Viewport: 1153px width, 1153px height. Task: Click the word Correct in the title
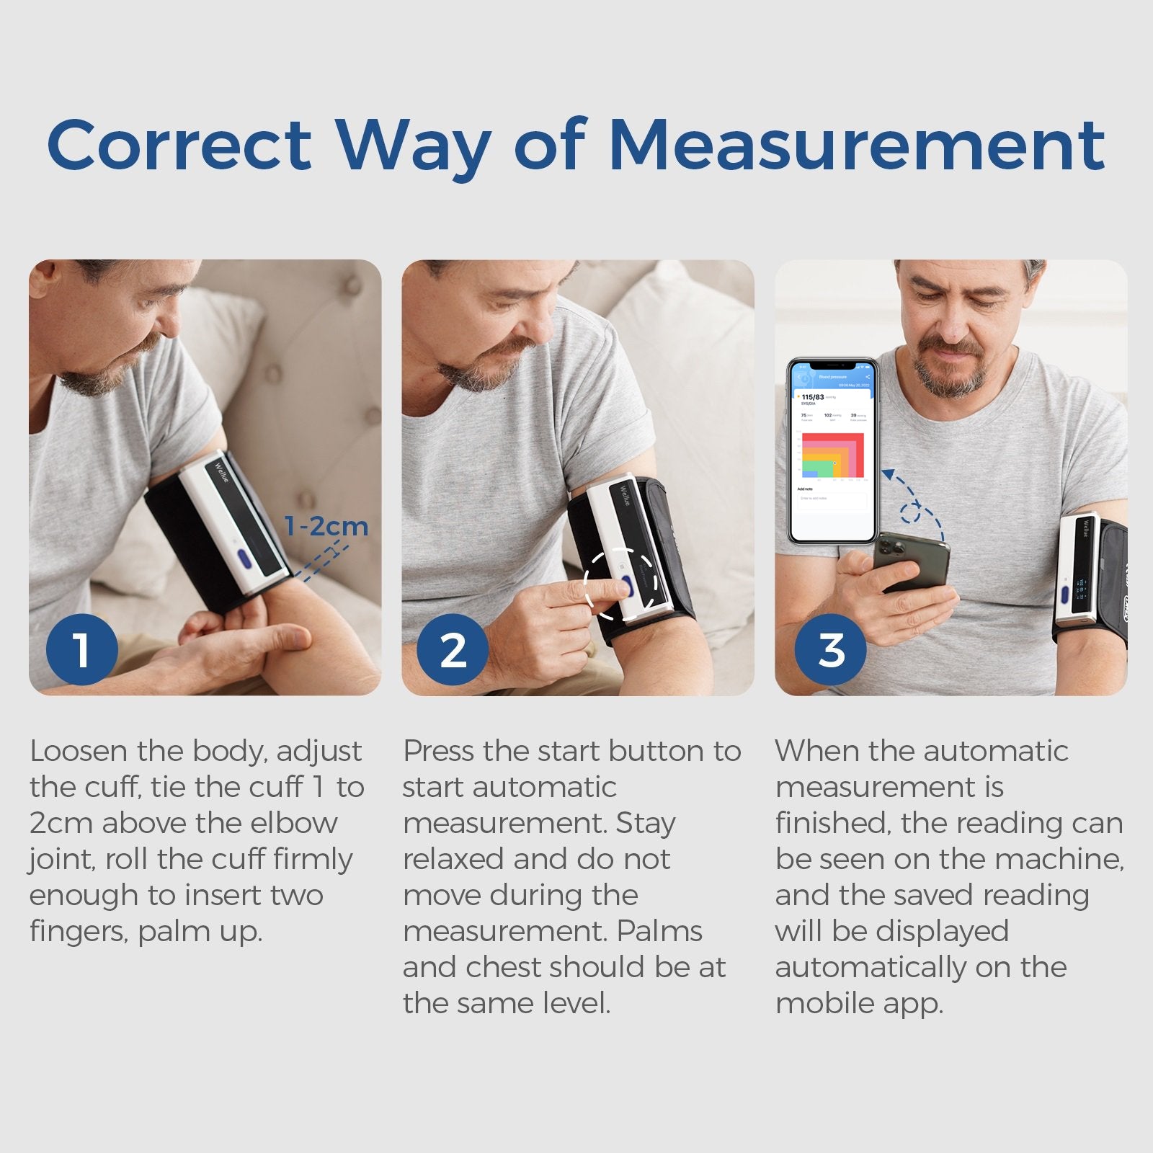[179, 146]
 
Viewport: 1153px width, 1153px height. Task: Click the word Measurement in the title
[857, 146]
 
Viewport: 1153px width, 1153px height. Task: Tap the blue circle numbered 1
[81, 650]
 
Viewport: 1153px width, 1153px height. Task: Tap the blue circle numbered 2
[453, 650]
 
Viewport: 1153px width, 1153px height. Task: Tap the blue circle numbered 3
[830, 650]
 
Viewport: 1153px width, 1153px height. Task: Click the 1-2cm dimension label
[326, 527]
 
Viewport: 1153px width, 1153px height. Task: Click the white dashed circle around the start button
[620, 583]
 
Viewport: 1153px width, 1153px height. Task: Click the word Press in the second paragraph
[439, 752]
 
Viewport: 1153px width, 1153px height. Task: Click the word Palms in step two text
[659, 931]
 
